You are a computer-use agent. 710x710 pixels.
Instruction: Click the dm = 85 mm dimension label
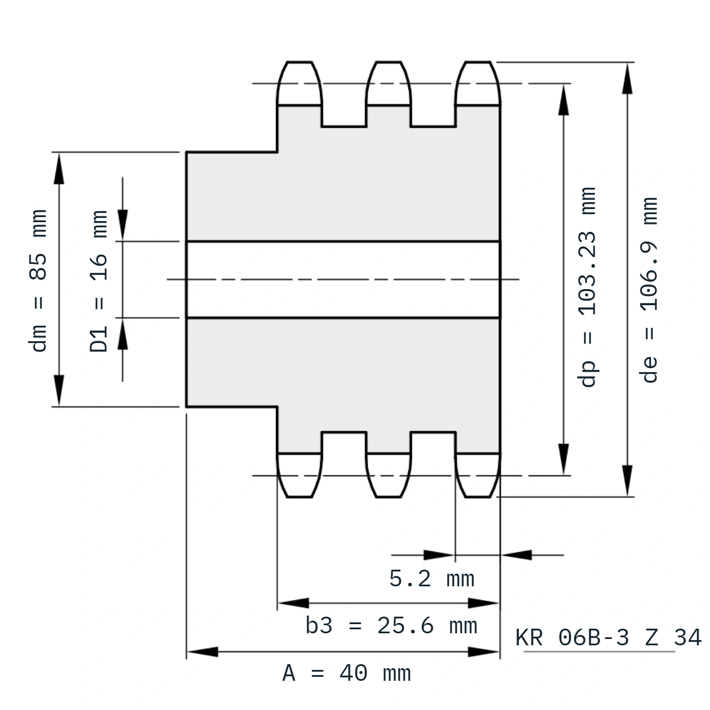(38, 281)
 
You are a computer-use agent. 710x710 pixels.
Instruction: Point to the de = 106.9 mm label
(649, 290)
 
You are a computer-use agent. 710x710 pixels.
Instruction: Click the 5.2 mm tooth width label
(432, 579)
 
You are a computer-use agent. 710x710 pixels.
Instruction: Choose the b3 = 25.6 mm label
(391, 626)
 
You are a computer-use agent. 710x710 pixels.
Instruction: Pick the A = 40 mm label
(346, 673)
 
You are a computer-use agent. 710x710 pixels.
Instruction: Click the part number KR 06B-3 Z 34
(608, 637)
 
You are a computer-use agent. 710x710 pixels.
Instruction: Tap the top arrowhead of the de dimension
(627, 78)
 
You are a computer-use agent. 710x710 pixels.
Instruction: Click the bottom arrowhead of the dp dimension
(563, 459)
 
